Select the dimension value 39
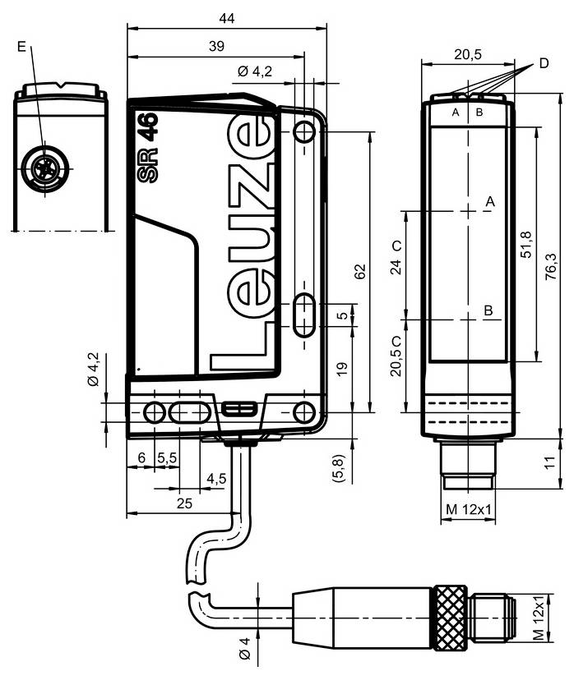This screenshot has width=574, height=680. pyautogui.click(x=215, y=48)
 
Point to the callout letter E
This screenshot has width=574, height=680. pyautogui.click(x=21, y=47)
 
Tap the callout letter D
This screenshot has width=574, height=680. pyautogui.click(x=544, y=63)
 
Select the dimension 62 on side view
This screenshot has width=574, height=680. pyautogui.click(x=359, y=273)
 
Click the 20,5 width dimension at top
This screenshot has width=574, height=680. pyautogui.click(x=467, y=54)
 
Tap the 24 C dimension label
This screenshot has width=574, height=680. pyautogui.click(x=396, y=258)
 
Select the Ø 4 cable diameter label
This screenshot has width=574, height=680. pyautogui.click(x=244, y=646)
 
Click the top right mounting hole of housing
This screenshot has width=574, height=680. pyautogui.click(x=304, y=131)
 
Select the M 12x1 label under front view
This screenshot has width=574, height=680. pyautogui.click(x=468, y=510)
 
